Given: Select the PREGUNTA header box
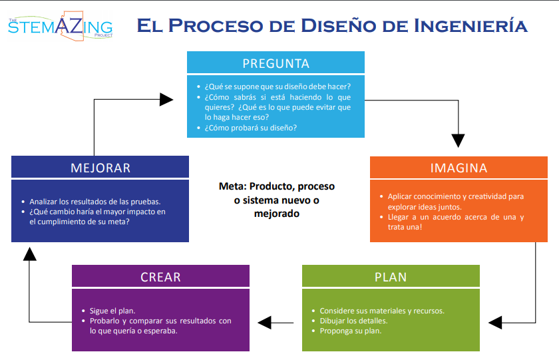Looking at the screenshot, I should (x=276, y=64).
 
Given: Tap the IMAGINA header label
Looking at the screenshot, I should (x=459, y=168).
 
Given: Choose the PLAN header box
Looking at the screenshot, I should (x=391, y=276).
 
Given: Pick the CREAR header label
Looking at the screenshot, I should (x=160, y=276).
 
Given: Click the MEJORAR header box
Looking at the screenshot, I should (x=100, y=168).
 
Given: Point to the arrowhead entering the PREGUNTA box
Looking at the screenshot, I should (x=166, y=99).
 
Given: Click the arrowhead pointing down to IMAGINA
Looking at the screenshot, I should (x=458, y=140).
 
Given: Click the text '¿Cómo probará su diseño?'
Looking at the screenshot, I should (x=251, y=128).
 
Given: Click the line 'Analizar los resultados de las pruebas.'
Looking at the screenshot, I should (x=95, y=202).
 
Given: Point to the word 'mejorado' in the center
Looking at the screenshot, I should (x=276, y=214).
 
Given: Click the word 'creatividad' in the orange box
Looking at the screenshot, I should (x=486, y=196).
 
